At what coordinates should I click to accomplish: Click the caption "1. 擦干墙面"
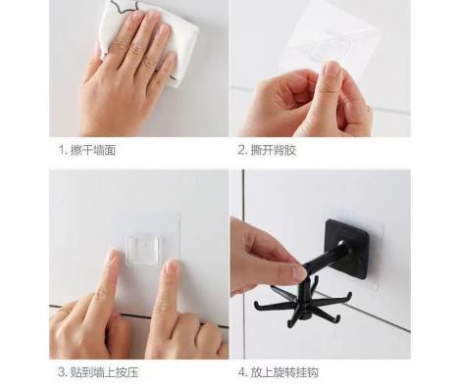[87, 150]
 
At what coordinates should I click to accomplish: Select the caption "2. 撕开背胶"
[267, 150]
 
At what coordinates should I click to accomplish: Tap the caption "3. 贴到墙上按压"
[98, 372]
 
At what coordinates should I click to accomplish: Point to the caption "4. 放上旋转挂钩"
[278, 372]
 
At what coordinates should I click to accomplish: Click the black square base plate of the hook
[347, 248]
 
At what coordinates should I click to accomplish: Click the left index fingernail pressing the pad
[112, 256]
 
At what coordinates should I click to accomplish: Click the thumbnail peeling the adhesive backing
[331, 71]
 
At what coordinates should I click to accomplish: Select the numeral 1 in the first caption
[61, 151]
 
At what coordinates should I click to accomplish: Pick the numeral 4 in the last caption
[241, 372]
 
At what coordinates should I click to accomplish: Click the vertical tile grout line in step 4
[243, 193]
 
